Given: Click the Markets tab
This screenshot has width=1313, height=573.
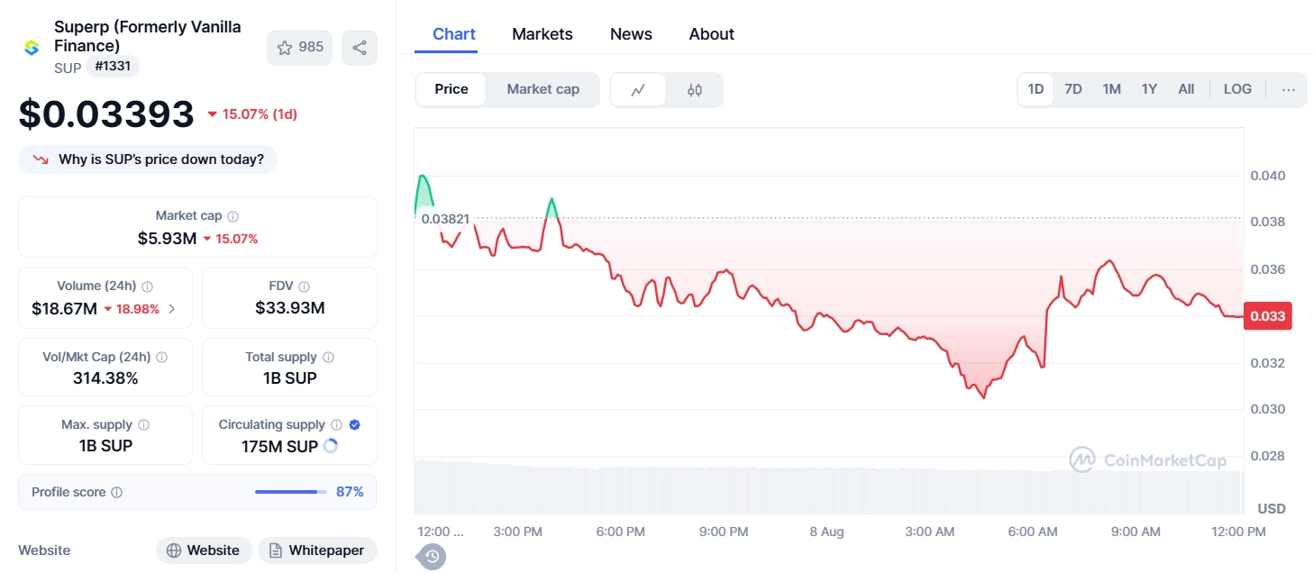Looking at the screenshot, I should (542, 34).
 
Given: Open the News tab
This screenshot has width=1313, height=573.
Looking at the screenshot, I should (631, 34).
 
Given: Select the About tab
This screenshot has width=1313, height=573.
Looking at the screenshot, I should (711, 34).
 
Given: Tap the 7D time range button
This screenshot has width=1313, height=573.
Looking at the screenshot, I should (1072, 89).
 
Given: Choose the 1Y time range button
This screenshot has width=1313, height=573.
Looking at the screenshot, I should (1149, 89).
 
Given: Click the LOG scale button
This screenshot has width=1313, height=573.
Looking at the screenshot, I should (1237, 89).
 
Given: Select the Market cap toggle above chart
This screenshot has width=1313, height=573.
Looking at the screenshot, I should (543, 89).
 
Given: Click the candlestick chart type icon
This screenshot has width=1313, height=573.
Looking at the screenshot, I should (695, 90).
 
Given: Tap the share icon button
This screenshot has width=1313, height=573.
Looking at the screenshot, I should (360, 48).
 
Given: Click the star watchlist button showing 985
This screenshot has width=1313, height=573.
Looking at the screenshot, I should (299, 48).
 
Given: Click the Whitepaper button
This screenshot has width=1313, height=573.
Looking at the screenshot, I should (317, 550).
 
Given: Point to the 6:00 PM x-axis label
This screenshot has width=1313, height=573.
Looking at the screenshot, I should (621, 532).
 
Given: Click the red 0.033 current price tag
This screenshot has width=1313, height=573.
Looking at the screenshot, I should (1268, 316).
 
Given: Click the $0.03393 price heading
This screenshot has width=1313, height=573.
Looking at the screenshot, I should (106, 114).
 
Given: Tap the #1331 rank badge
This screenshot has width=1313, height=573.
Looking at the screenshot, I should (113, 66).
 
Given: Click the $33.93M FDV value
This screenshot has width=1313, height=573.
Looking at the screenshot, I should (289, 308).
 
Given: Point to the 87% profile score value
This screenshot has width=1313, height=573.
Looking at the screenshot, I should (350, 492).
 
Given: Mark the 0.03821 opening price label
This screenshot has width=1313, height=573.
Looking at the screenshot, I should (445, 218).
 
